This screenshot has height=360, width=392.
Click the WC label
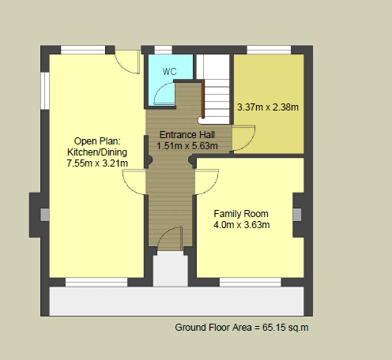click(x=169, y=71)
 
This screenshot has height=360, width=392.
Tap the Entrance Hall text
click(x=187, y=135)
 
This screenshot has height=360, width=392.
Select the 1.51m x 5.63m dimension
click(x=187, y=146)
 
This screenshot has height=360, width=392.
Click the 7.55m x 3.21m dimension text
click(x=97, y=163)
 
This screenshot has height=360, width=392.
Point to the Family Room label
click(x=241, y=214)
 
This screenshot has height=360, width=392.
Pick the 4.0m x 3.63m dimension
click(x=241, y=225)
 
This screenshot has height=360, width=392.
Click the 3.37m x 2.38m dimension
click(x=268, y=107)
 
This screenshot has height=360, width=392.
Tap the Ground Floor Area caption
click(x=242, y=328)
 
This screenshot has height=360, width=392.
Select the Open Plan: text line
click(x=97, y=141)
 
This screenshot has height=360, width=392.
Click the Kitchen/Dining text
click(x=97, y=152)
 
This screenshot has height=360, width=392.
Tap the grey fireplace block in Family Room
click(x=297, y=215)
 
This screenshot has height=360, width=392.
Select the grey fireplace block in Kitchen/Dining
click(x=44, y=215)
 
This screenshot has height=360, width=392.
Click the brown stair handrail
click(x=203, y=99)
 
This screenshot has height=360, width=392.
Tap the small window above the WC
click(x=163, y=50)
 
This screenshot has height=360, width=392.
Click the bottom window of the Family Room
click(x=251, y=283)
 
